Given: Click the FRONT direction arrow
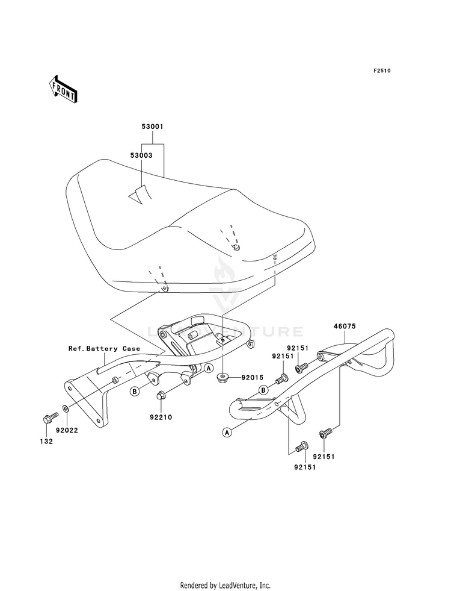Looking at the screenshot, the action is (x=63, y=89).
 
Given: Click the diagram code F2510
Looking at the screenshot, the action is (x=382, y=70).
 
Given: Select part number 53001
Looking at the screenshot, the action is (x=152, y=127).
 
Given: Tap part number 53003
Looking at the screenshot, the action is (x=141, y=155).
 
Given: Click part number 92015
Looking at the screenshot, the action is (x=252, y=377).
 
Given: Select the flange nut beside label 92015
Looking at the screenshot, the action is (x=223, y=377).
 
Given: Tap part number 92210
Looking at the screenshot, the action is (x=161, y=417).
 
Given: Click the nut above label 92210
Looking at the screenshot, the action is (x=160, y=396).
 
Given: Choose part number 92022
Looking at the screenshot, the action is (x=67, y=430).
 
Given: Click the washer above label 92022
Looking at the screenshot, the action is (x=66, y=408).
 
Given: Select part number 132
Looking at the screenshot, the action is (x=47, y=442).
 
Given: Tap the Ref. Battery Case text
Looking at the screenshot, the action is (x=104, y=349).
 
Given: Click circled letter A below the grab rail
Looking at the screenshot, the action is (x=227, y=433).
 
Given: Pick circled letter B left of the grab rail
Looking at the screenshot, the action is (x=263, y=389).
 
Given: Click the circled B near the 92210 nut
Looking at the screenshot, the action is (x=134, y=392).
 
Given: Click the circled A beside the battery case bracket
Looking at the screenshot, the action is (x=209, y=367).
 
